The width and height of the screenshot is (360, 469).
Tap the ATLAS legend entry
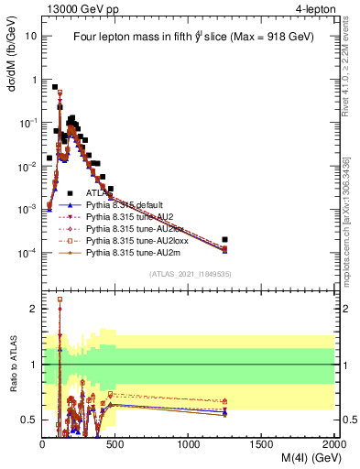point(99,193)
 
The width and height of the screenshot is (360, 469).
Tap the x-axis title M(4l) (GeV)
point(300,459)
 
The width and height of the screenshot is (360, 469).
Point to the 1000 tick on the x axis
point(189,444)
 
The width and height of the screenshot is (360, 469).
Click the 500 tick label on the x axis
point(115,444)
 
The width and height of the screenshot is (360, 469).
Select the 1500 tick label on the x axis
point(262,444)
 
